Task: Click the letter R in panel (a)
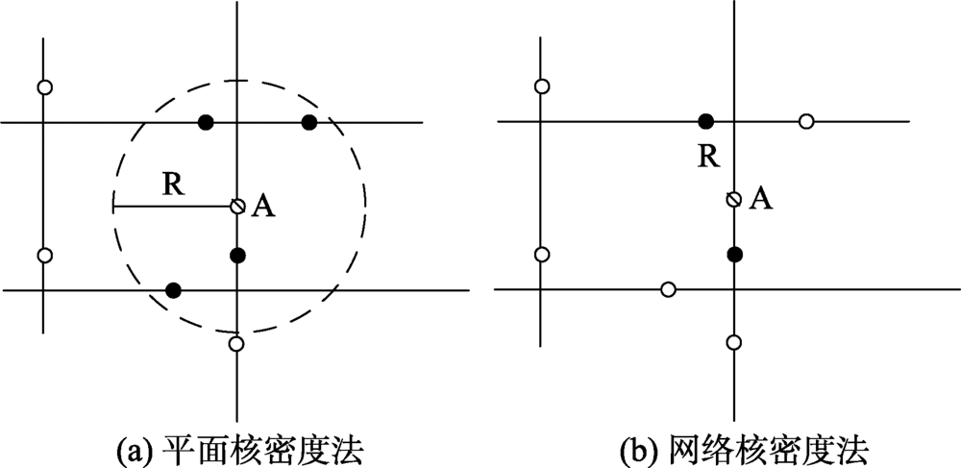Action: coord(173,185)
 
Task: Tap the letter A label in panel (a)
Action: coord(262,208)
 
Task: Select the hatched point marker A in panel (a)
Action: coord(237,206)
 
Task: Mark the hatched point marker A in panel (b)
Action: coord(733,199)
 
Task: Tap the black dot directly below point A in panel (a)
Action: coord(237,255)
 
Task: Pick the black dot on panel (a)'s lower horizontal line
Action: coord(173,289)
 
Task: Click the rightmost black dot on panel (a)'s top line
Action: coord(308,122)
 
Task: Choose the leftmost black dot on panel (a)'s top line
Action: coord(205,122)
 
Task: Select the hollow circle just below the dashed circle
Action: coord(236,342)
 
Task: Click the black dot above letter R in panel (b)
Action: coord(705,121)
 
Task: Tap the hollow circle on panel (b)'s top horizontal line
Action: coord(806,121)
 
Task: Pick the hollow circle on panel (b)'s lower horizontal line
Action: coord(668,288)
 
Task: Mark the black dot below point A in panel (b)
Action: coord(734,254)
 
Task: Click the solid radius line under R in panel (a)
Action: coord(173,206)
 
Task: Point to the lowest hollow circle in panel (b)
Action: coord(733,342)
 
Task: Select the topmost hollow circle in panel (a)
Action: coord(44,87)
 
